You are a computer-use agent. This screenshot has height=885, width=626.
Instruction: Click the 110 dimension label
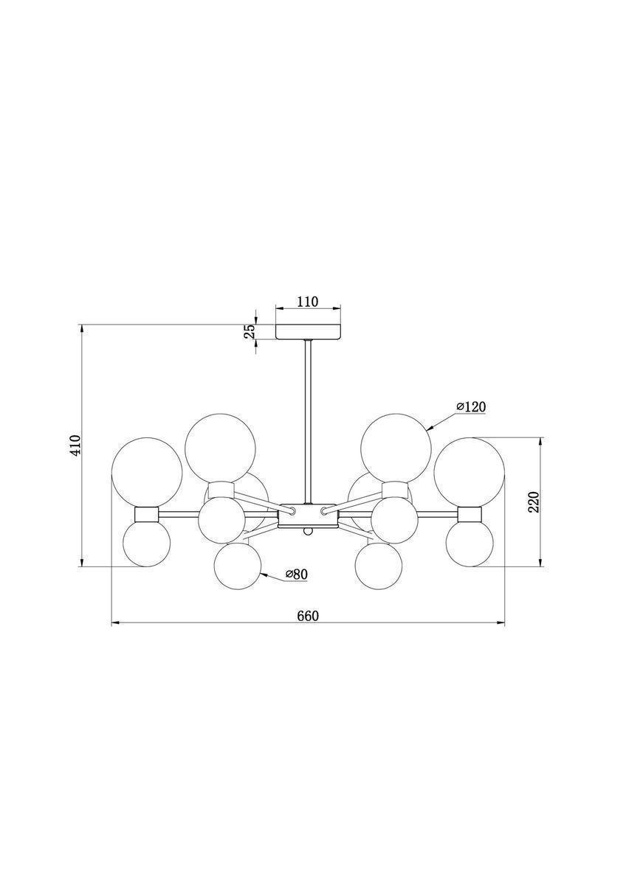307,302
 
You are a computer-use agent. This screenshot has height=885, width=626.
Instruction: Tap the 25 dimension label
249,332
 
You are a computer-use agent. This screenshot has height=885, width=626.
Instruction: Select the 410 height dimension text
75,445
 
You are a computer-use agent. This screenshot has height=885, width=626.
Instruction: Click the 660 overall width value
307,616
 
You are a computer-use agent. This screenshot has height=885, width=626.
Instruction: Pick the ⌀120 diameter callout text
470,406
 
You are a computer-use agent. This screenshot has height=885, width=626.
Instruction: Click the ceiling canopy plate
309,331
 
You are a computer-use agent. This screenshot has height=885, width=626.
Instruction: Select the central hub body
308,516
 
